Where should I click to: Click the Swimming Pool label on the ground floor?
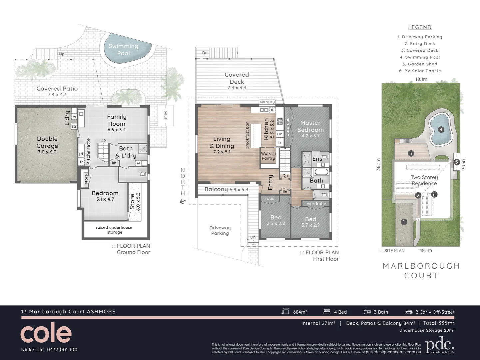point(123,49)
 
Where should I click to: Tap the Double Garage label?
point(47,142)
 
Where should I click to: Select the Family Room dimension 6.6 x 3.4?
point(117,130)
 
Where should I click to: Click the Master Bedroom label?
point(310,126)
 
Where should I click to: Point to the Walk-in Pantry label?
point(268,156)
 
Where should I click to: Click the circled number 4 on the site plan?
point(441,129)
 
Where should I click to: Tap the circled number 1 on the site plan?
point(404,222)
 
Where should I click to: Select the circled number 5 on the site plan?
point(456,162)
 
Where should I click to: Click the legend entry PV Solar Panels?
point(420,71)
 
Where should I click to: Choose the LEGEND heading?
point(420,27)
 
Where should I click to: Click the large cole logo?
point(46,333)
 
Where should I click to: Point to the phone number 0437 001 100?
point(62,350)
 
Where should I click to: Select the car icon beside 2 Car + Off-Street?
point(409,312)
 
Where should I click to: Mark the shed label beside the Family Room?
point(165,115)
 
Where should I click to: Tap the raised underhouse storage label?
point(114,230)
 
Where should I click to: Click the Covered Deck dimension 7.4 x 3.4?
point(237,88)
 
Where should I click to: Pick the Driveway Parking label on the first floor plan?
point(220,230)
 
